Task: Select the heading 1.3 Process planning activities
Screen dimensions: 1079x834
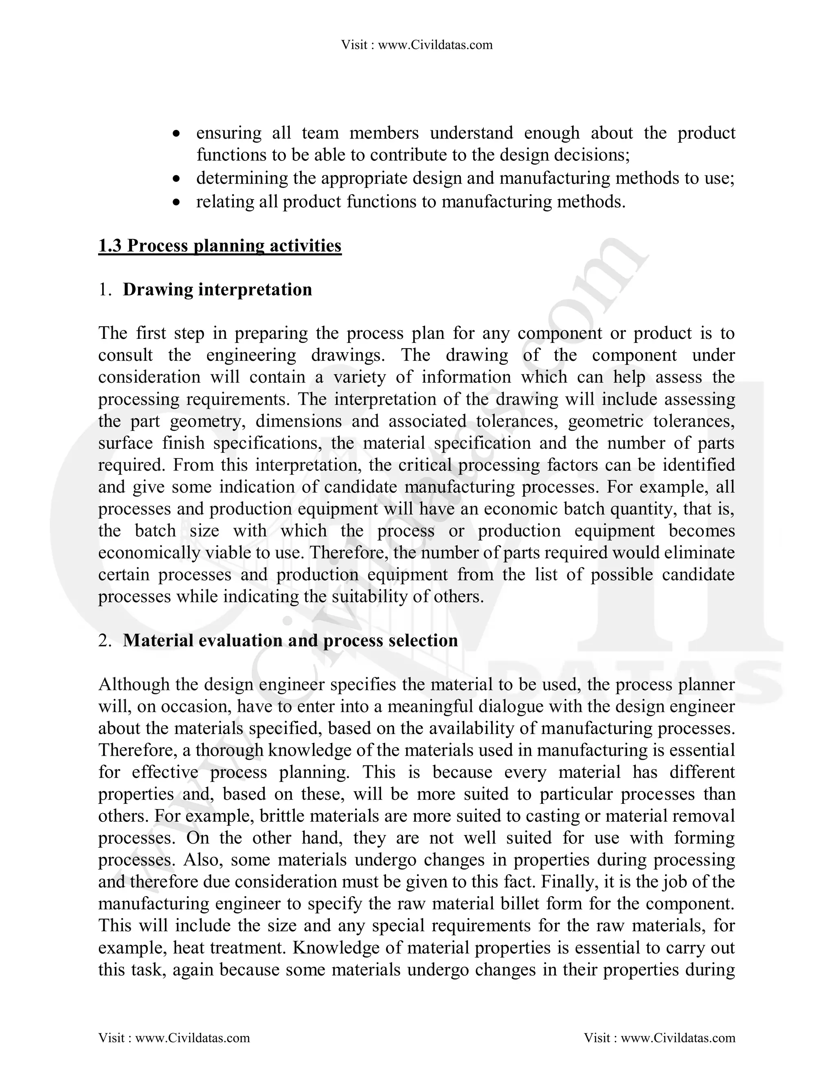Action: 220,246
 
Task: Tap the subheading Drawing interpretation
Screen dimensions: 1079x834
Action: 217,289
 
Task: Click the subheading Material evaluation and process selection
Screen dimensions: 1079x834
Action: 290,640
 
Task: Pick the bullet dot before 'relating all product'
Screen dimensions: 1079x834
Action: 176,202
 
